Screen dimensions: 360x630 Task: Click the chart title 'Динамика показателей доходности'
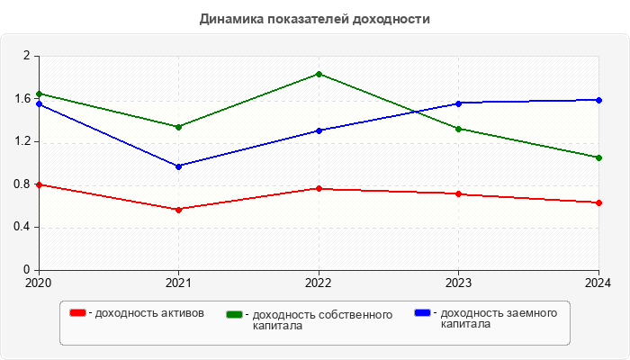coord(315,18)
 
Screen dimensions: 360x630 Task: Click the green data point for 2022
coord(319,74)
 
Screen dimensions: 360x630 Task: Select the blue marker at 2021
coord(178,166)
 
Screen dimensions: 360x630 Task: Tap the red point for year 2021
coord(178,210)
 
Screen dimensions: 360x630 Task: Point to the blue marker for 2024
coord(599,100)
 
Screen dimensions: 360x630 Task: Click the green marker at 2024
coord(599,157)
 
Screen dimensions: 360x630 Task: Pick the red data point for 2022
coord(319,188)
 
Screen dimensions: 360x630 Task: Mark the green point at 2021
coord(178,127)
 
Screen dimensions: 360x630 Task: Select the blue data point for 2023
coord(459,103)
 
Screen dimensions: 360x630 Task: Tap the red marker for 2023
coord(459,193)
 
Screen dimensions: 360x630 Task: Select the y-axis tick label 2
coord(27,56)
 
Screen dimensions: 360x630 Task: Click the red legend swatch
coord(77,313)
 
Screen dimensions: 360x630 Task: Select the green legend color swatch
coord(235,315)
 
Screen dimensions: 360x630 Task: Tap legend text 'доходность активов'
coord(148,313)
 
